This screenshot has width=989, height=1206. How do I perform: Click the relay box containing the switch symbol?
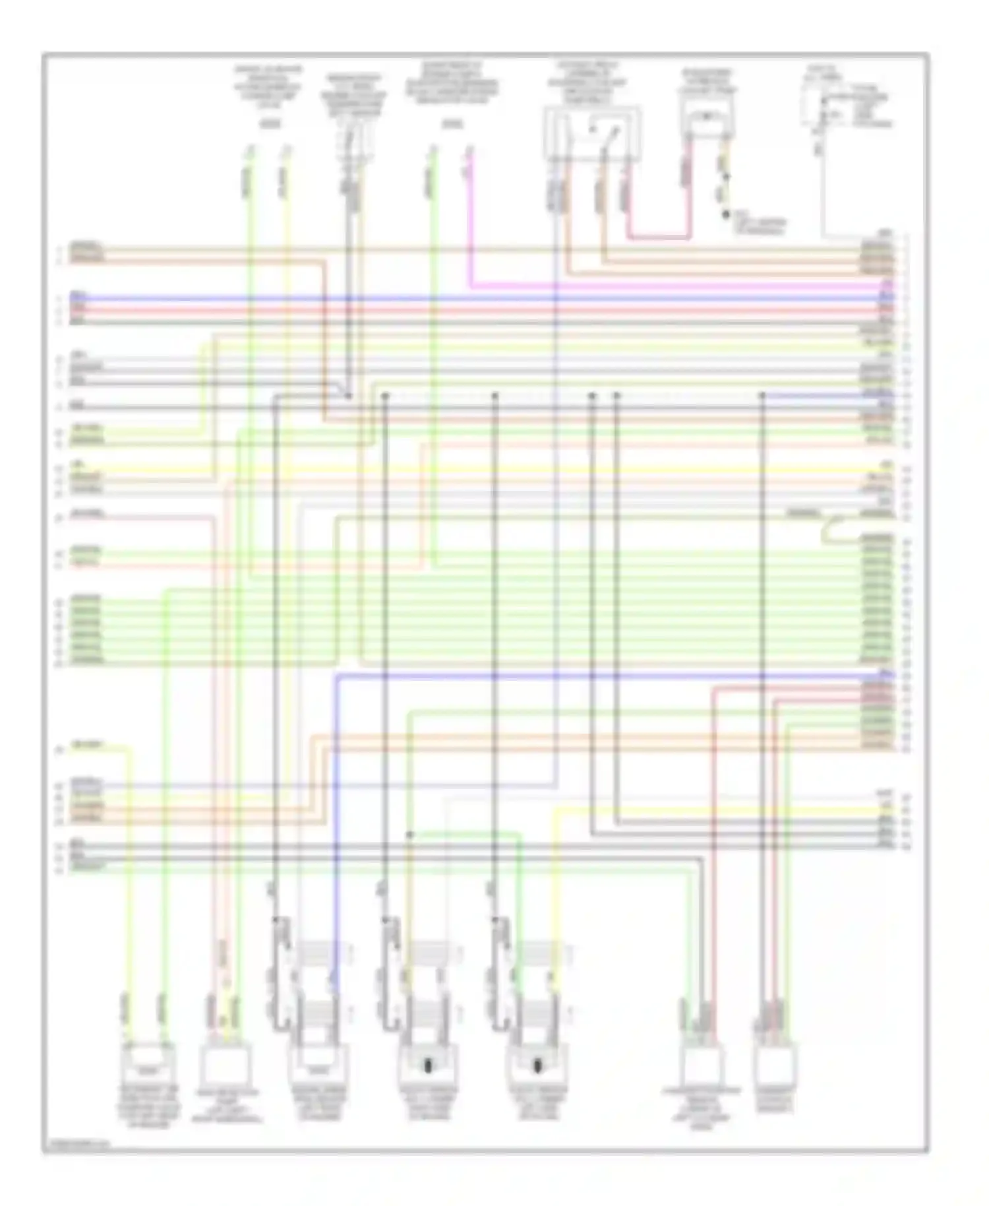[591, 134]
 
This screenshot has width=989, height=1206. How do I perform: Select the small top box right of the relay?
[706, 119]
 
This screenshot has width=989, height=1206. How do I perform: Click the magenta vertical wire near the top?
[470, 218]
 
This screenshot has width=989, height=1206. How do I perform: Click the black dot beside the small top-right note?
[726, 214]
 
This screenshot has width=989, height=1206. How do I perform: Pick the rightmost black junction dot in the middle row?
[762, 395]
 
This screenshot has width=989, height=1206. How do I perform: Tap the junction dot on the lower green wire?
[409, 835]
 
